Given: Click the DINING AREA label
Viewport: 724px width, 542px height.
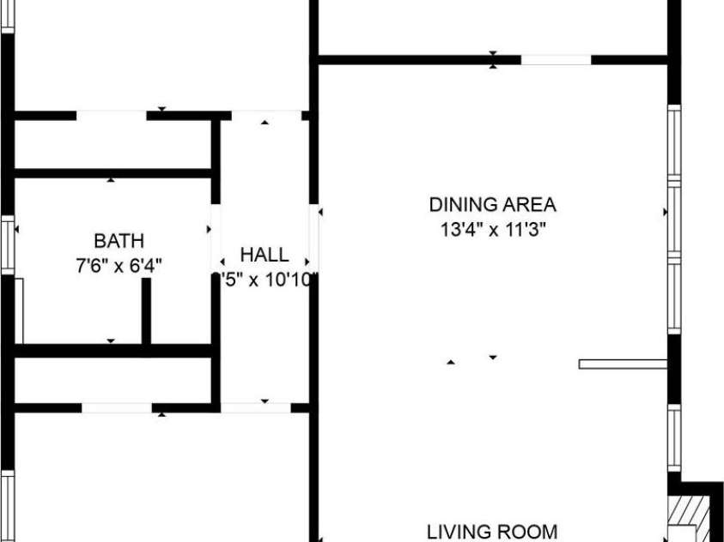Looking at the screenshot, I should tap(492, 205).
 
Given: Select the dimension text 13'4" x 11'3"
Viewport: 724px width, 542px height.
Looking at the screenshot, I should tap(492, 230).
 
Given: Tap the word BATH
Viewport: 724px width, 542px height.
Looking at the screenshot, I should tap(119, 241).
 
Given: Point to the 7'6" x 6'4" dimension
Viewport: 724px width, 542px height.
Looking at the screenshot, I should tap(119, 265).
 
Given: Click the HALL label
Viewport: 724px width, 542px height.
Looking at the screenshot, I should tap(264, 255).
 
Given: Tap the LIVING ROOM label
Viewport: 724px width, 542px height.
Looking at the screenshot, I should tap(492, 531).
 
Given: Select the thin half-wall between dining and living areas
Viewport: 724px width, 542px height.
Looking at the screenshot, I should tap(624, 364).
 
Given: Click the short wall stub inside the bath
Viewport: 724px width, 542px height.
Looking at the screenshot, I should tap(146, 310).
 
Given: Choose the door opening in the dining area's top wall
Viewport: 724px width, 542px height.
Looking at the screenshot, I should tap(556, 60).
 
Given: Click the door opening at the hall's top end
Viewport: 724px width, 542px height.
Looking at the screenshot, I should tap(265, 115).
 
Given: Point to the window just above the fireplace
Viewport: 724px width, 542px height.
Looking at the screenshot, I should tap(674, 437).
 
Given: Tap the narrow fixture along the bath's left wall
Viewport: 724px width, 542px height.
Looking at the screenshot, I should tap(19, 309).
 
